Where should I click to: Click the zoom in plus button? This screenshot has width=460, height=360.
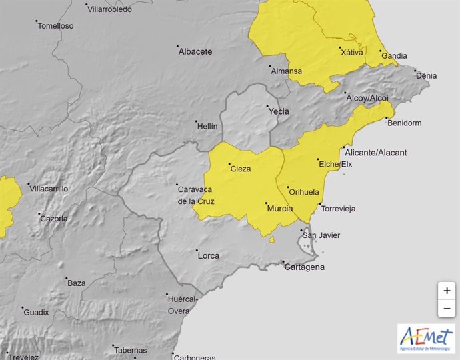tap(447, 291)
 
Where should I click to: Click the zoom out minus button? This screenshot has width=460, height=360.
tap(447, 309)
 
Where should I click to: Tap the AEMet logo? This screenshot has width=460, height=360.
tap(426, 339)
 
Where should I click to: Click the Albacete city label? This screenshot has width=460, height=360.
tap(195, 51)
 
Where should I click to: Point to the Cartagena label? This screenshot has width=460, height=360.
tap(305, 267)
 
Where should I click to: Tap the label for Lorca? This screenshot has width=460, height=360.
tap(209, 255)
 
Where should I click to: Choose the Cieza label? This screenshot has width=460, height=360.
tap(240, 169)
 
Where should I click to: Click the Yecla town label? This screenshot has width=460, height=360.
tap(279, 111)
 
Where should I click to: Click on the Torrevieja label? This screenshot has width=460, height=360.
tap(338, 209)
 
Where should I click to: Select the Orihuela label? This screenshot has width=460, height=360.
tap(303, 191)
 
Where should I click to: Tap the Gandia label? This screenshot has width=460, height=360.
tap(393, 56)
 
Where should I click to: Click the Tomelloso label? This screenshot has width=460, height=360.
tap(56, 26)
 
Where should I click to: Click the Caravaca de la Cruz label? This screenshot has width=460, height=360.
tap(195, 194)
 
